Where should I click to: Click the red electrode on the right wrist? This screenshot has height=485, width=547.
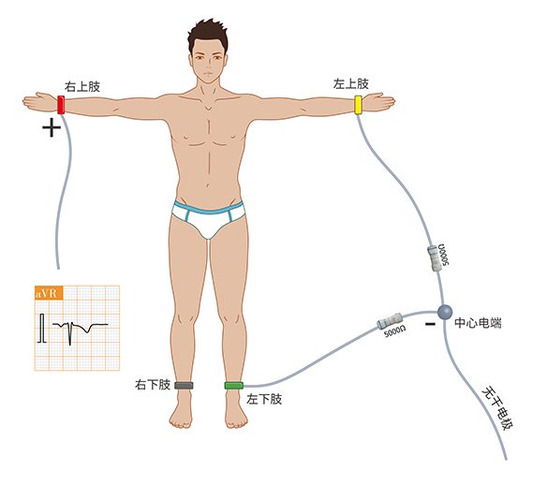click(x=61, y=105)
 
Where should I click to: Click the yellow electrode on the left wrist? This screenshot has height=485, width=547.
click(x=358, y=105)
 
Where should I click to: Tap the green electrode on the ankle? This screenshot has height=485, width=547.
click(x=234, y=385)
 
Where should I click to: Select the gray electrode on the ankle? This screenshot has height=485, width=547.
click(x=184, y=385)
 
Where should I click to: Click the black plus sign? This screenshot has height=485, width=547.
click(x=52, y=127)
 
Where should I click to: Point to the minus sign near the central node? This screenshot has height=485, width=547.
click(x=430, y=324)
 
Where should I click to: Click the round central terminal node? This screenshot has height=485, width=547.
click(x=445, y=312)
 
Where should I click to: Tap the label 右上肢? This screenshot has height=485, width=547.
click(x=82, y=86)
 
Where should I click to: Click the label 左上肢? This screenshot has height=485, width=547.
click(x=350, y=83)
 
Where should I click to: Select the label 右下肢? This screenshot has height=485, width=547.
click(x=153, y=385)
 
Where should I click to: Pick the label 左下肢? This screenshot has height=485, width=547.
click(x=264, y=399)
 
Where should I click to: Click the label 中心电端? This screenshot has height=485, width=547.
click(x=478, y=323)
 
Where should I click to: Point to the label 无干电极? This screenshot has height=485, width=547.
click(x=497, y=408)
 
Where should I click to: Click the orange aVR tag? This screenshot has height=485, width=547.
click(x=49, y=293)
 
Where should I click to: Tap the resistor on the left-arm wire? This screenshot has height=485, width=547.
click(x=434, y=258)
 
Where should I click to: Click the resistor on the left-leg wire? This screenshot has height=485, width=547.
click(x=390, y=321)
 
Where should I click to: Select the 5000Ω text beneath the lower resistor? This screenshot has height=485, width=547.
click(x=394, y=331)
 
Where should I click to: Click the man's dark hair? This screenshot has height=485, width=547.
click(x=208, y=34)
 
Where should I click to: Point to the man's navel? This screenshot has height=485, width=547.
click(x=208, y=185)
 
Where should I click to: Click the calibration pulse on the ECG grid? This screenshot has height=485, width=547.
click(x=42, y=328)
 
